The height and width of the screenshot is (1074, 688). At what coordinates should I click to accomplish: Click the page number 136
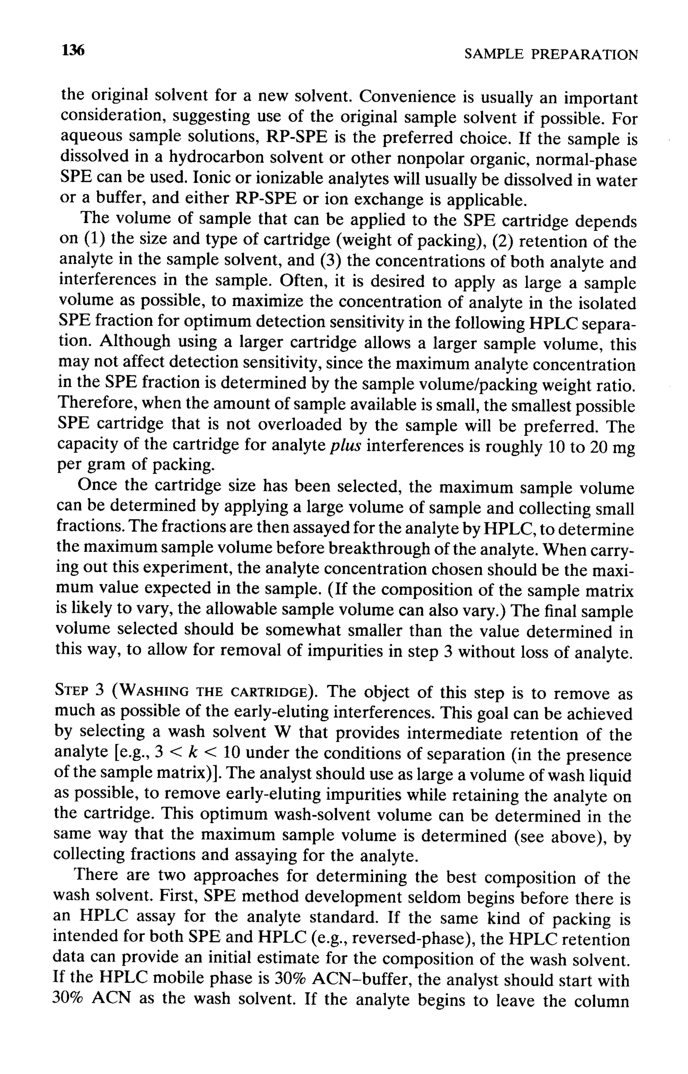(x=73, y=50)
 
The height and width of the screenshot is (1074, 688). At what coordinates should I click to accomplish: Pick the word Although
(x=135, y=342)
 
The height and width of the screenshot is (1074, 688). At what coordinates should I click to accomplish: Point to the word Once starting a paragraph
(x=98, y=485)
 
